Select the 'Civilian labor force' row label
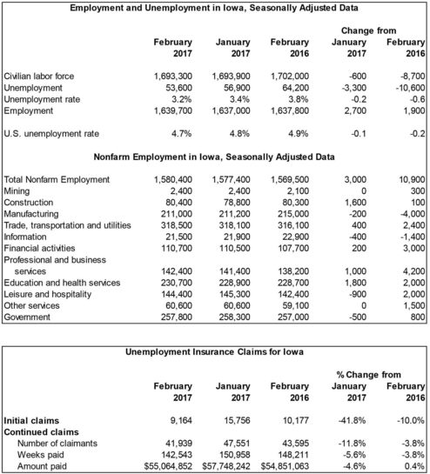point(40,76)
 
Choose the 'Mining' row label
point(17,190)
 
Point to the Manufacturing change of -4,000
point(405,214)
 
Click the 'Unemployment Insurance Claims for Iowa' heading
point(214,350)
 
